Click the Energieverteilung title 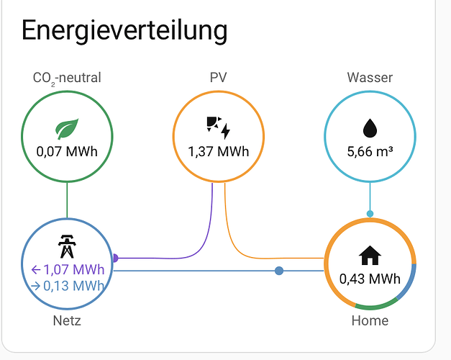[124, 31]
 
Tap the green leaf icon [67, 129]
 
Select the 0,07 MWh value [67, 151]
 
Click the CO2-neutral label [67, 78]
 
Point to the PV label [219, 78]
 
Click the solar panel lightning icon [219, 127]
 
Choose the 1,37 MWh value [219, 151]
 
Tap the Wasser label [370, 78]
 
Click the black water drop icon [370, 128]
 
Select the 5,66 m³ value [370, 151]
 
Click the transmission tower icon [67, 246]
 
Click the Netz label [67, 320]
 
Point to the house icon [370, 255]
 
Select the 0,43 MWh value [370, 279]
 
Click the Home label [370, 320]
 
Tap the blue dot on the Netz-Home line [279, 271]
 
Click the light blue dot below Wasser [370, 214]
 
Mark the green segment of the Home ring [377, 307]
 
